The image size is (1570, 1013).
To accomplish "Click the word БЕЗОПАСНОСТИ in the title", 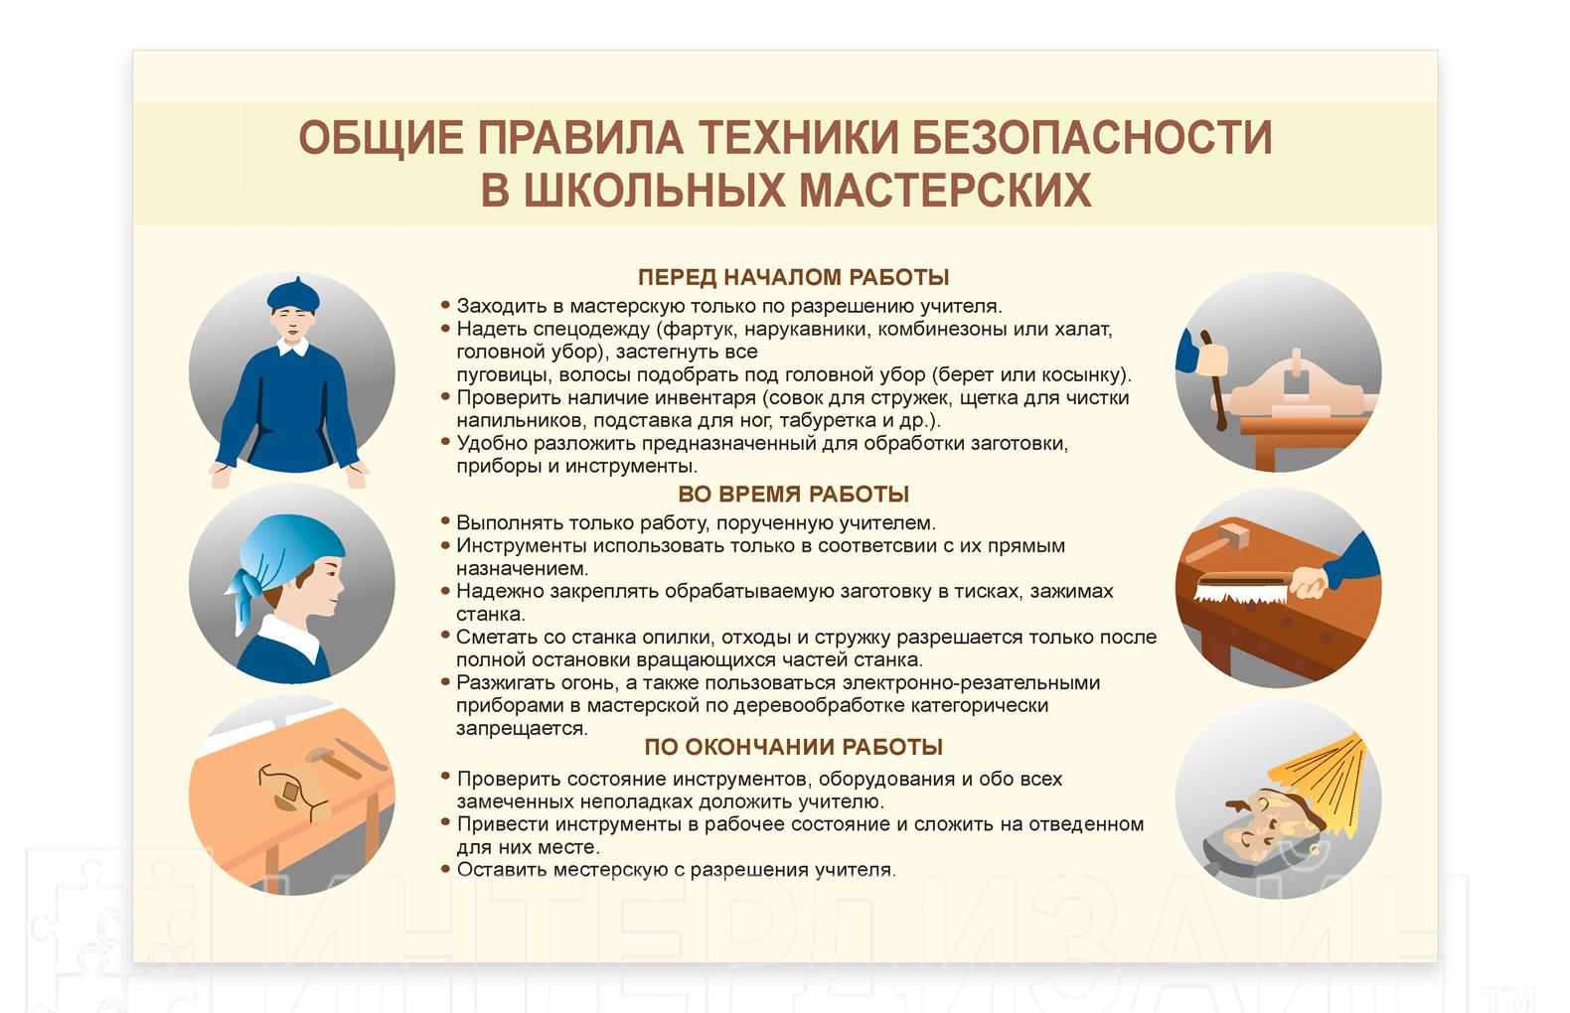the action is pyautogui.click(x=1092, y=137).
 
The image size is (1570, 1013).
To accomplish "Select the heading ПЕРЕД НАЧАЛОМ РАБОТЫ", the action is pyautogui.click(x=793, y=277).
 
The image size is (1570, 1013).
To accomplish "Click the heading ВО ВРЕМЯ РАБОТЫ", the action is pyautogui.click(x=793, y=495).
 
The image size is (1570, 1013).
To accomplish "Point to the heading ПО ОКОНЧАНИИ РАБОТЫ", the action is pyautogui.click(x=793, y=747).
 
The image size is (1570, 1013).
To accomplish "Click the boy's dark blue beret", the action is pyautogui.click(x=294, y=296).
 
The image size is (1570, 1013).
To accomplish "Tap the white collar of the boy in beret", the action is pyautogui.click(x=293, y=347).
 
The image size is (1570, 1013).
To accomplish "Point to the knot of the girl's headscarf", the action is pyautogui.click(x=245, y=583).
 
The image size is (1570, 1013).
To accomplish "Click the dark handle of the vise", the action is pyautogui.click(x=1213, y=380).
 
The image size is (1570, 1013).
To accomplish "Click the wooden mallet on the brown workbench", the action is pyautogui.click(x=1218, y=543).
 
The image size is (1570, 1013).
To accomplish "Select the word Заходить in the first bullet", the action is pyautogui.click(x=500, y=306).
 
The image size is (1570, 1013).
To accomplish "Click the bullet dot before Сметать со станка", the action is pyautogui.click(x=445, y=635).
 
